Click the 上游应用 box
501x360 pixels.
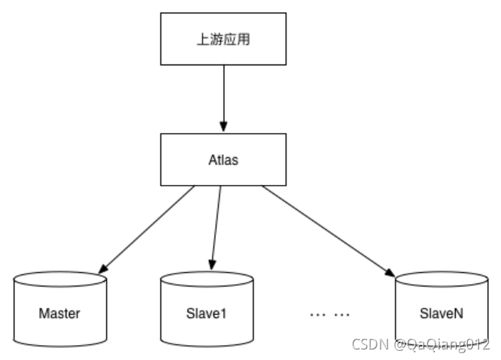223,40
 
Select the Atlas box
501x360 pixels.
223,159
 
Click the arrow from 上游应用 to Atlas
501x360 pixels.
223,97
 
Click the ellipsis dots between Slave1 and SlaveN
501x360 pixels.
329,313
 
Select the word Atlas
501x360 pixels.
223,159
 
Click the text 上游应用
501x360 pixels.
223,40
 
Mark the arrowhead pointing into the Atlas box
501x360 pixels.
223,128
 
